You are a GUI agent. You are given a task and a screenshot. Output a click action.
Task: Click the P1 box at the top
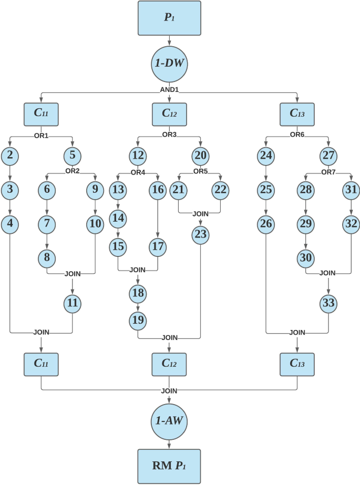click(x=169, y=18)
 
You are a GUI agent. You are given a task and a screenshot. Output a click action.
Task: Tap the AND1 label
click(x=169, y=89)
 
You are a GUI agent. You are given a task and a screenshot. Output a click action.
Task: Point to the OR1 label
click(x=41, y=136)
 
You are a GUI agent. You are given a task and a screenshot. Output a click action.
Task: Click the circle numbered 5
click(x=71, y=155)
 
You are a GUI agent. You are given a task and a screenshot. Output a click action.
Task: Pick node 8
click(x=46, y=257)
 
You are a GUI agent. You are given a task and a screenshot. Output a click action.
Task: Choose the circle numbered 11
click(x=71, y=303)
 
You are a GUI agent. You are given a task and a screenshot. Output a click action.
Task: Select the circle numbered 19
click(x=138, y=319)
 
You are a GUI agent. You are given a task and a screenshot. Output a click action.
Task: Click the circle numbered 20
click(x=200, y=155)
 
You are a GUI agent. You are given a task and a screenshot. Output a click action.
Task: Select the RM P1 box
click(x=169, y=466)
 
